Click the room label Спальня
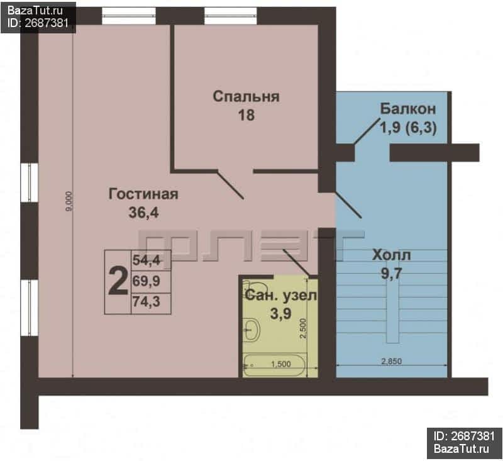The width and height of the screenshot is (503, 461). [x=246, y=96]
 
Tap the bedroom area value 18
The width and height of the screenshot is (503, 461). [x=246, y=115]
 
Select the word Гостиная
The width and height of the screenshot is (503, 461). [x=143, y=194]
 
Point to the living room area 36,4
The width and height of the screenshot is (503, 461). [x=143, y=213]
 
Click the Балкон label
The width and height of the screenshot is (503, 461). [x=408, y=109]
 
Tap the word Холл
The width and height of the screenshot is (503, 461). [x=391, y=255]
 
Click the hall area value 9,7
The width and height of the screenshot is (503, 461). [x=391, y=274]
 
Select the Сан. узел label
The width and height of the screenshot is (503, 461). [x=280, y=295]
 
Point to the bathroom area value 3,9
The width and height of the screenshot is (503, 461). [x=280, y=313]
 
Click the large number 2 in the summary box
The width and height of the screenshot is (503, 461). [x=118, y=282]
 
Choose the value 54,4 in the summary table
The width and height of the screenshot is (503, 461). [x=146, y=260]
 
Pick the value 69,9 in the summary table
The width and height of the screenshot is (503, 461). [x=146, y=281]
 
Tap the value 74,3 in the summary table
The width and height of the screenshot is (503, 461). [x=146, y=302]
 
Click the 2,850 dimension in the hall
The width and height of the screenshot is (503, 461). [x=391, y=361]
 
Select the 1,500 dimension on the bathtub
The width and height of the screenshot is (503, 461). [x=280, y=364]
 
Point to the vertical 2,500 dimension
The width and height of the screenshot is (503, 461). [x=303, y=328]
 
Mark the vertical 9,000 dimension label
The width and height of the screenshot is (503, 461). [x=69, y=201]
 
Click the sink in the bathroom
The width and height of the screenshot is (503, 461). [x=251, y=330]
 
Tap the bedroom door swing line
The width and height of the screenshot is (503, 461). [x=231, y=185]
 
